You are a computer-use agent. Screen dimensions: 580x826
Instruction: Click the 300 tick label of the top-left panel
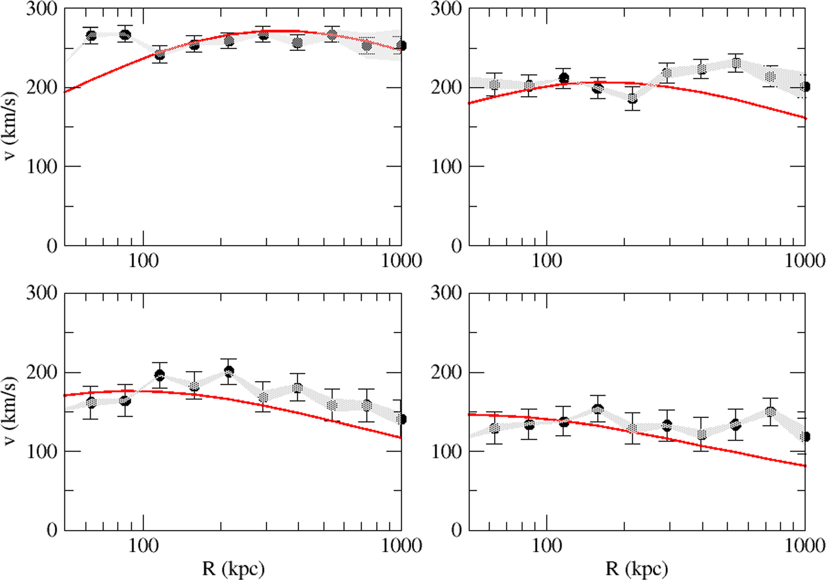tap(42, 9)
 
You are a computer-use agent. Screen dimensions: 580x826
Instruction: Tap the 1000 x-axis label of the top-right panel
tap(805, 261)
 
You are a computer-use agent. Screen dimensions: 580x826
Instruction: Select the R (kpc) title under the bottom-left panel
tap(233, 568)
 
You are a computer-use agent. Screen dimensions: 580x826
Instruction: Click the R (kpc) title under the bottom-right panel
tap(636, 568)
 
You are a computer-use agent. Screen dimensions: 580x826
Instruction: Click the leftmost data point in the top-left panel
tap(91, 35)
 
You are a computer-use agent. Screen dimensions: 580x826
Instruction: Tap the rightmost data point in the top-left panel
tap(401, 45)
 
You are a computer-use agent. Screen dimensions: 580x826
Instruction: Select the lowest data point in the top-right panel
tap(632, 98)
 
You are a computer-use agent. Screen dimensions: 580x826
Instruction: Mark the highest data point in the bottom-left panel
tap(229, 371)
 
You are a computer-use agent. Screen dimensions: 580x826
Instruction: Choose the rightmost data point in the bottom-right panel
tap(805, 436)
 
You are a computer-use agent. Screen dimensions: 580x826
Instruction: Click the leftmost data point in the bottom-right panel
tap(495, 428)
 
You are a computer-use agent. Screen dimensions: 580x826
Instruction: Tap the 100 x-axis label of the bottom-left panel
tap(143, 545)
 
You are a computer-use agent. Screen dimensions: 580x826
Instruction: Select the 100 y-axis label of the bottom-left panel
tap(42, 451)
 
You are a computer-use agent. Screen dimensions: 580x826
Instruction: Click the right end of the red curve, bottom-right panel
tap(805, 465)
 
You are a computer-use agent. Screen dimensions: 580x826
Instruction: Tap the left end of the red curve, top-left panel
tap(65, 92)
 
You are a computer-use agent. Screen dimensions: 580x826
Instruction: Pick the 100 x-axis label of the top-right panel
tap(547, 261)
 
